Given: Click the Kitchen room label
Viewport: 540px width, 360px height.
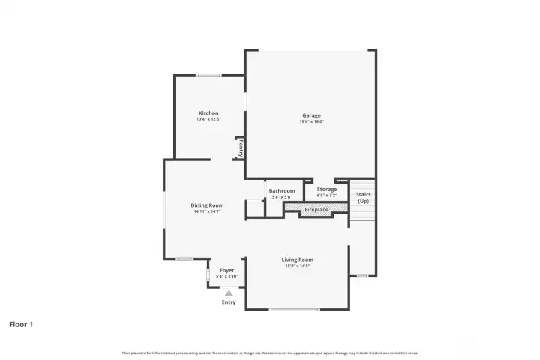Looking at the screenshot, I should pos(208,113).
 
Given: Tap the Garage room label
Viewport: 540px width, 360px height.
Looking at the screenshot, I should pos(311,115).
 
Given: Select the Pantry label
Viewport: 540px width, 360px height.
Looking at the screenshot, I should pos(241,148).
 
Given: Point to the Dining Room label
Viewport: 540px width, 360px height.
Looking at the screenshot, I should pos(207,205).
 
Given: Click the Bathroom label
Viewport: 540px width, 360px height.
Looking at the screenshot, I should pos(282,191).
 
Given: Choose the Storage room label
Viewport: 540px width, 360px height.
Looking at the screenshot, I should pos(326,190).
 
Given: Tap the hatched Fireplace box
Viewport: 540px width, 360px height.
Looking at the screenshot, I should pos(316,210).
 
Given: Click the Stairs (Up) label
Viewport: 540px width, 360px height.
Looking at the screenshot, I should pos(363,198).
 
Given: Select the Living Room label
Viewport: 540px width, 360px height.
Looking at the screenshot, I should pos(297,259).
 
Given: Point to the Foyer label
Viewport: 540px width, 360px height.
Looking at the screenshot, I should pos(226,270).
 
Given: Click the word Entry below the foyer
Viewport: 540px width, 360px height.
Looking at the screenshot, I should pos(229,302).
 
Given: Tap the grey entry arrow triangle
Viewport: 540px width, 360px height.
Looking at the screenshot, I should pos(229,293).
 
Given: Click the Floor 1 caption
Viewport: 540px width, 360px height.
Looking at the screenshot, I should pos(21,325).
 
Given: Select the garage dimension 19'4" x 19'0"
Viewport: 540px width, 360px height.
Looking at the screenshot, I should pos(311,121).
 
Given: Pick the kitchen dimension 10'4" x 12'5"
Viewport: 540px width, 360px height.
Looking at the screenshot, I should pos(208,119).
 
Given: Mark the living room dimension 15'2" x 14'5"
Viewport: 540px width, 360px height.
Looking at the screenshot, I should pos(297,265).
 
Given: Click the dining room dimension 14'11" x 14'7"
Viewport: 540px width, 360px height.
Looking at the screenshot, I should pos(207,211).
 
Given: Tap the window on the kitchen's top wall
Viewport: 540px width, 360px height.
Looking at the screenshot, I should pos(208,75).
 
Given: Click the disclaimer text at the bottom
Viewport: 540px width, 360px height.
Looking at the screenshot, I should pos(270,352).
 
